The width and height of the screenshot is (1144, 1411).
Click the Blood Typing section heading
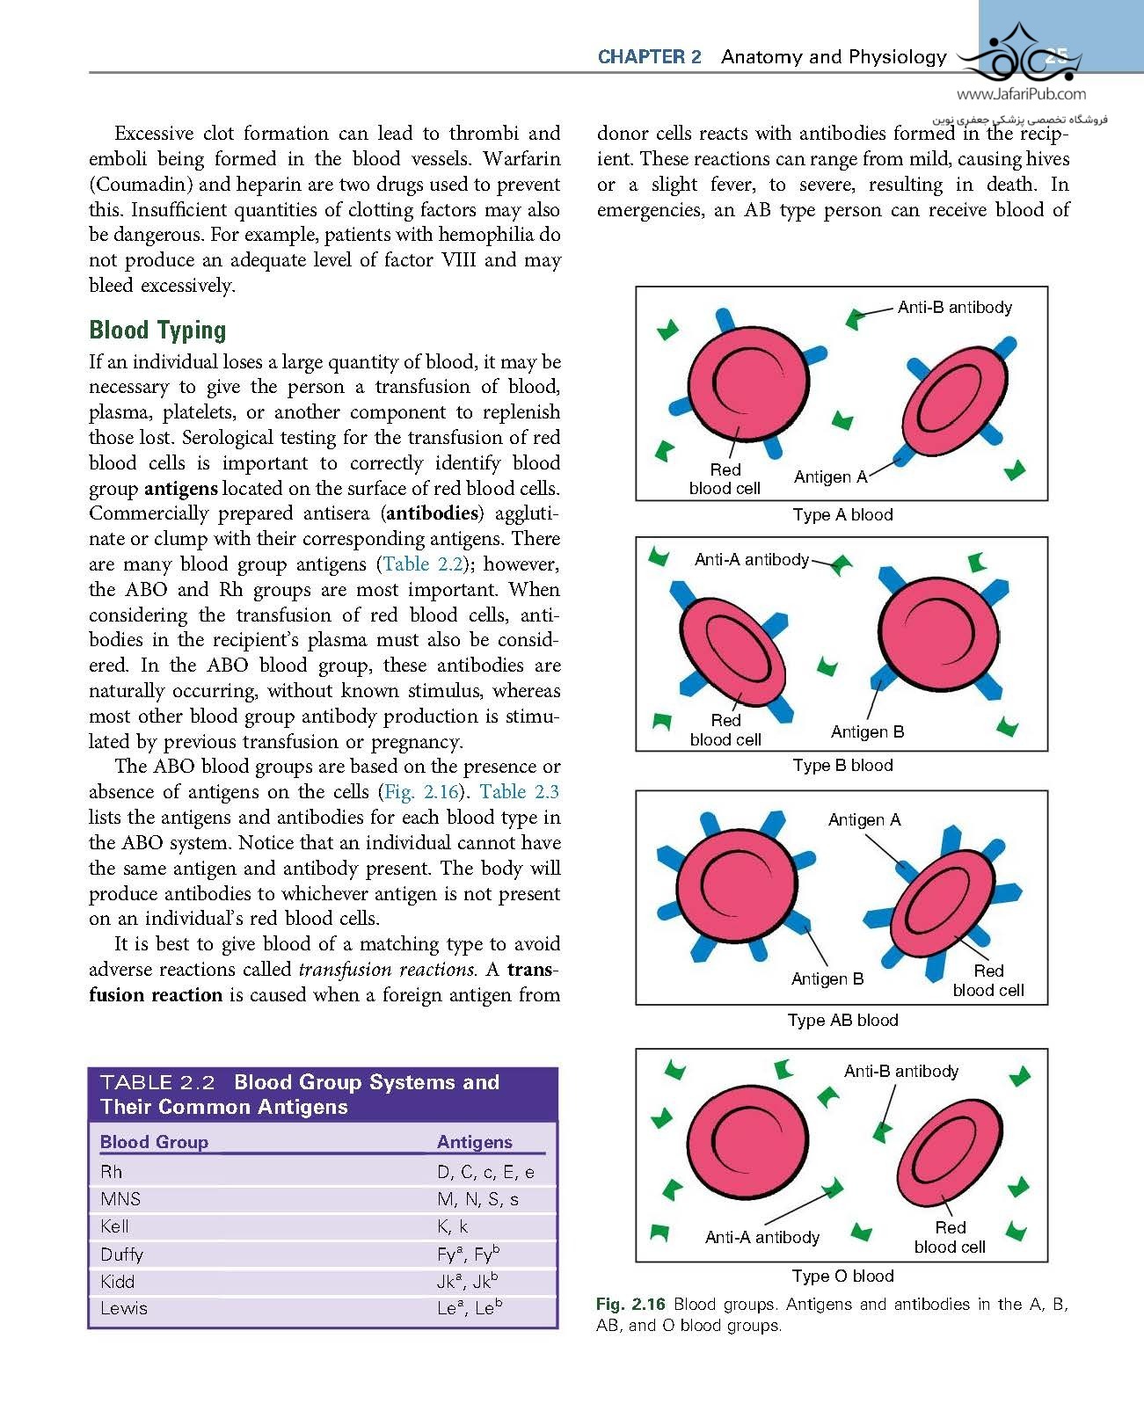tap(157, 331)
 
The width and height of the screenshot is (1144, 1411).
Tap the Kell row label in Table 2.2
tap(114, 1226)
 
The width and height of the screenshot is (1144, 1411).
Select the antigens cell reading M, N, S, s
tap(477, 1199)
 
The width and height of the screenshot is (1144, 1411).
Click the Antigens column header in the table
tap(474, 1142)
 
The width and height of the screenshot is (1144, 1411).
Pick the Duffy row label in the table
tap(121, 1255)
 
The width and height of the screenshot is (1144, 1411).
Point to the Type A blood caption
tap(842, 515)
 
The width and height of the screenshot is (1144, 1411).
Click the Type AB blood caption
tap(842, 1021)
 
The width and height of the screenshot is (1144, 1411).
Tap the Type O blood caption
tap(842, 1276)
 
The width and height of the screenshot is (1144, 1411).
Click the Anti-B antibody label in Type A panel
tap(954, 308)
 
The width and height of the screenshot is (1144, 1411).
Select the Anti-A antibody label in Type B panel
tap(751, 560)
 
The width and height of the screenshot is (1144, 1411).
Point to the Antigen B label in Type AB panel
tap(827, 979)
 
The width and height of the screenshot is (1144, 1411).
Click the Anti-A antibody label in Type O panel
tap(761, 1238)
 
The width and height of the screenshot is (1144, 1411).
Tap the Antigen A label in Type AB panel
tap(863, 820)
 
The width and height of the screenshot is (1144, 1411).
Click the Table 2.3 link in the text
tap(519, 792)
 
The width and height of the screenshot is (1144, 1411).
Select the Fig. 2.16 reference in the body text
tap(421, 792)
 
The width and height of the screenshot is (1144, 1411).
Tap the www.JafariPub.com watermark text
tap(1021, 95)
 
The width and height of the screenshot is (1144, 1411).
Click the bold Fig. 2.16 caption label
tap(630, 1305)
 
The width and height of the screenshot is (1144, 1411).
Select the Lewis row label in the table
tap(124, 1308)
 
